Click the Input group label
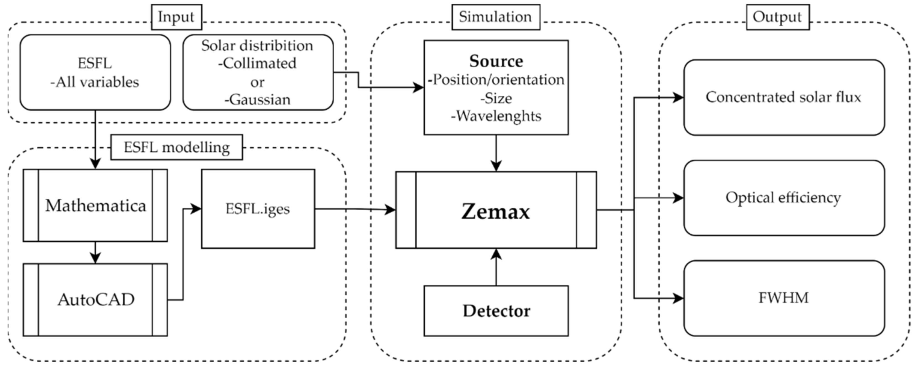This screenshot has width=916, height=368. (x=176, y=17)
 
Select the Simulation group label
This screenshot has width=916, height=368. (x=496, y=17)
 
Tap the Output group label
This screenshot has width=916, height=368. (x=778, y=17)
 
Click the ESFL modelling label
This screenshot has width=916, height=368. (x=177, y=147)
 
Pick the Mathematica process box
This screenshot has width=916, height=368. (x=95, y=206)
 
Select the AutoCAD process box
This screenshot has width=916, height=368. (x=95, y=300)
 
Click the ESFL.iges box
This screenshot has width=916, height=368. (x=258, y=209)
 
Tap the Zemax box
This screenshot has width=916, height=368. (x=496, y=210)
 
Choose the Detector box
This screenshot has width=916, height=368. (x=496, y=311)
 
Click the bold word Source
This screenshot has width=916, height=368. (x=496, y=61)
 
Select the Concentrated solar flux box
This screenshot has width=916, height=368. (x=784, y=98)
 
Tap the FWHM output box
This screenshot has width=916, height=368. (x=784, y=298)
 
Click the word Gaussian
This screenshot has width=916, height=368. (x=260, y=100)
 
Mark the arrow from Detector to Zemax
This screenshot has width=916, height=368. (x=496, y=267)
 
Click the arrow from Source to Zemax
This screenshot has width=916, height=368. (x=496, y=153)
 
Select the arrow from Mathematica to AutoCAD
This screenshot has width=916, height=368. (x=95, y=253)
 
